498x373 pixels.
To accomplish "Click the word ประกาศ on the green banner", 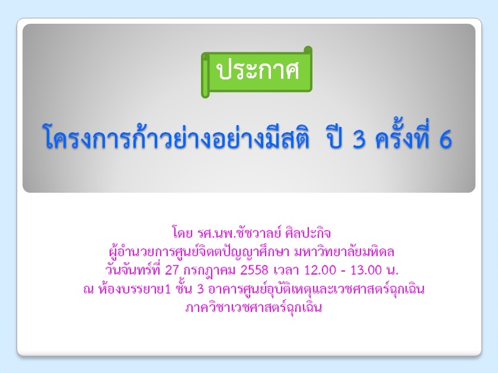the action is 257,70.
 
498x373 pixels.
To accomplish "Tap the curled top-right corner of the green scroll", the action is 308,51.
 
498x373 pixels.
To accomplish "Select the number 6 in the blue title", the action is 445,140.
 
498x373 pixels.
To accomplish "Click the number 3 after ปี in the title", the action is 359,140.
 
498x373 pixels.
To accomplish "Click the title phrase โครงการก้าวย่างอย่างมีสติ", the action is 176,136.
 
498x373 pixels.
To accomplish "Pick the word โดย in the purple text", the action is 183,233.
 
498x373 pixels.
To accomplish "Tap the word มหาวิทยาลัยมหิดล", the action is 344,251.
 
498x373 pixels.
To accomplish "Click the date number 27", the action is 173,270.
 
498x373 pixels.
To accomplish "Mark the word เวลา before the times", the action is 286,270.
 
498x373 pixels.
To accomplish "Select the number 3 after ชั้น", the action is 200,289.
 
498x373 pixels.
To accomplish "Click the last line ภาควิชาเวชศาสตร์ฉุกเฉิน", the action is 254,308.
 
